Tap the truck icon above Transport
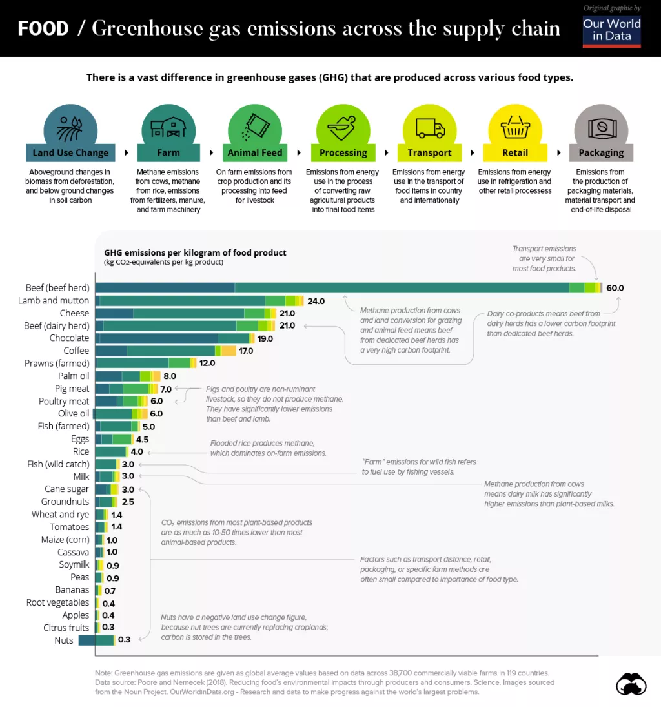[x=429, y=127]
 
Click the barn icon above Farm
[x=168, y=127]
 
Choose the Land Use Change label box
[x=71, y=153]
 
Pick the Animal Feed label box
[x=255, y=153]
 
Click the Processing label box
[x=343, y=153]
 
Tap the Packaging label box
[x=600, y=153]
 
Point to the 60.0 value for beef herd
[x=615, y=288]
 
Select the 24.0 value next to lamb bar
[x=316, y=301]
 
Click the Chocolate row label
[x=69, y=338]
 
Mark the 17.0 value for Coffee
[x=245, y=351]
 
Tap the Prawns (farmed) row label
[x=57, y=364]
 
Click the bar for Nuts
[x=96, y=640]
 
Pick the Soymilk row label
[x=74, y=564]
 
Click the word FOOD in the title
[x=43, y=28]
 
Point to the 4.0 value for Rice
[x=136, y=452]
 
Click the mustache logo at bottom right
[x=631, y=684]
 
